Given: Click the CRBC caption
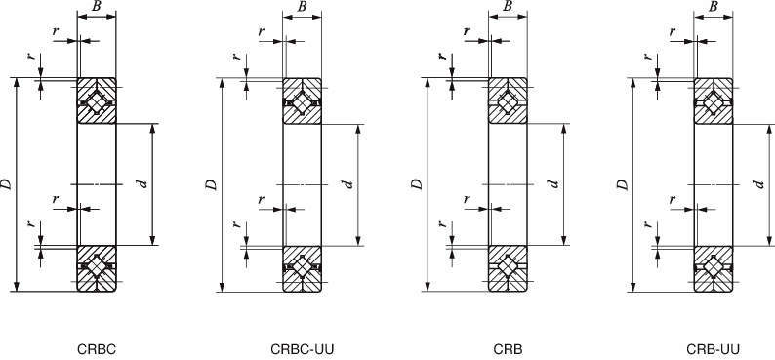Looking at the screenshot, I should click(97, 347).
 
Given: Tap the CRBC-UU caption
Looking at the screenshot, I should click(303, 347).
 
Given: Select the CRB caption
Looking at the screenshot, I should click(508, 347).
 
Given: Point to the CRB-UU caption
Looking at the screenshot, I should click(714, 347).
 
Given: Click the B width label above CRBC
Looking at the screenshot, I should click(96, 7).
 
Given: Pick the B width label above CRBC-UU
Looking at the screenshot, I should click(303, 7).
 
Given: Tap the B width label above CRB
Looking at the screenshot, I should click(508, 7).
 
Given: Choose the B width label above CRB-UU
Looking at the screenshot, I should click(714, 7).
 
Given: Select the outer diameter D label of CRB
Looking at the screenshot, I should click(417, 183).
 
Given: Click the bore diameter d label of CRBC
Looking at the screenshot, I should click(143, 183).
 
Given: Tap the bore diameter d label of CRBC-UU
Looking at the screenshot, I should click(348, 183).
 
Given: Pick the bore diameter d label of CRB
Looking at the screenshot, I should click(553, 183).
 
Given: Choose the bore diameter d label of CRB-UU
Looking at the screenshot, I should click(759, 183).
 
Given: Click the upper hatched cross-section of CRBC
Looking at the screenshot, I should click(97, 100).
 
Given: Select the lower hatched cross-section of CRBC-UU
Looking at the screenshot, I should click(303, 267).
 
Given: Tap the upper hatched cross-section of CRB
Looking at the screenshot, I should click(508, 100).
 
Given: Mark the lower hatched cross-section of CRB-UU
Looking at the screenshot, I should click(714, 267).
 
